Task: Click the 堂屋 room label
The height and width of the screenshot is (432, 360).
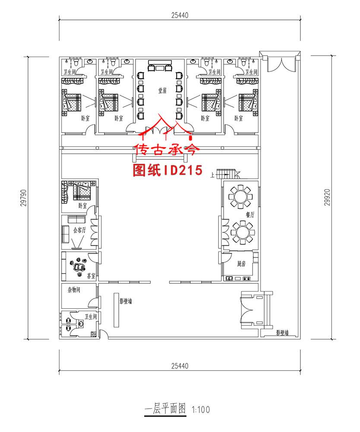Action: coord(162,91)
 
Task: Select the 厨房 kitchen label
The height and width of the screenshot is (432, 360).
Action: coord(241,264)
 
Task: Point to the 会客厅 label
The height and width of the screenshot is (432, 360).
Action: coord(80,230)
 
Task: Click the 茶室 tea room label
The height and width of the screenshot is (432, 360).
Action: coord(91,275)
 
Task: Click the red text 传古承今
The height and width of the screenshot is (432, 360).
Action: coord(167,150)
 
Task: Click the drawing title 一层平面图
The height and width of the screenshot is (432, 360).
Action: coord(164,409)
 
